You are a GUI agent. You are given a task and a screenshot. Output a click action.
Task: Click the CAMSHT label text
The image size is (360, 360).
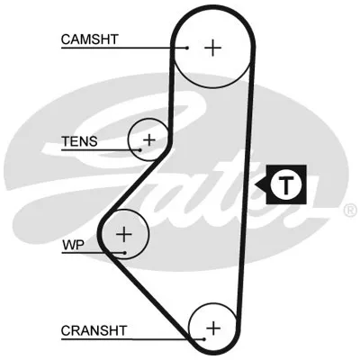[90, 40]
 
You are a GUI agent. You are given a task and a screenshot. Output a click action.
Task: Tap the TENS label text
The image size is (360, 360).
[79, 141]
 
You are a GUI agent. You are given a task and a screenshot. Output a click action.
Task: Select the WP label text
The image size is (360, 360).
[73, 246]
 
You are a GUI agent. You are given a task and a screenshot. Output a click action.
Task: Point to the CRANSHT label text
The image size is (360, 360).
[94, 330]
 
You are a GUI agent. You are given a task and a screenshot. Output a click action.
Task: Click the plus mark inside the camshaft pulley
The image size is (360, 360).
[212, 48]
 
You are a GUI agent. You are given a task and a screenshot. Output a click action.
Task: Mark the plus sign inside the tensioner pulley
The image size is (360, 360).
[149, 139]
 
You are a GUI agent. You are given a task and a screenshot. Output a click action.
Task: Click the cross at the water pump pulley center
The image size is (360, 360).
[124, 234]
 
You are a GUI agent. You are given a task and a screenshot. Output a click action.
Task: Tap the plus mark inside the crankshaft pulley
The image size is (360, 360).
[213, 328]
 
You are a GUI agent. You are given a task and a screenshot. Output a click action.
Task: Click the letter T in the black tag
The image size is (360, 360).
[285, 184]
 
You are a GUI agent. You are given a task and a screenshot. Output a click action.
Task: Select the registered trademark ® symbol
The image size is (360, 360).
[350, 210]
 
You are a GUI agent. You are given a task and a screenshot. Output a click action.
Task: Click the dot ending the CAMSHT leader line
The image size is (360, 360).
[187, 48]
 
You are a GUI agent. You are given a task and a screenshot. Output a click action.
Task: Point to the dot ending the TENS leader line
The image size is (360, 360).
[139, 149]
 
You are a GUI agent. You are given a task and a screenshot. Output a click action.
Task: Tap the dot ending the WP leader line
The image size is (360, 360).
[124, 253]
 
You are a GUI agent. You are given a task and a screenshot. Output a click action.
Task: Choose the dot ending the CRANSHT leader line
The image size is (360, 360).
[204, 339]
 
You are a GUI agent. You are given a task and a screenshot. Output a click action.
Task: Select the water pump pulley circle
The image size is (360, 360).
[148, 234]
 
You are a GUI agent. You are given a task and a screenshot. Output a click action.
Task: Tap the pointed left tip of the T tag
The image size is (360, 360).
[256, 184]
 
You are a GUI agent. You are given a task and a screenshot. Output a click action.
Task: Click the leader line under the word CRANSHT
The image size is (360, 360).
[132, 339]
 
